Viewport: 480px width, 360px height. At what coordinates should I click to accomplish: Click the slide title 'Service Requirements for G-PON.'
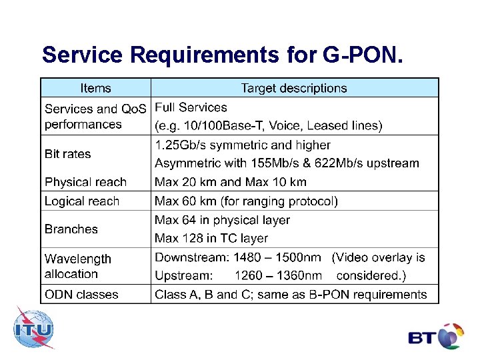(x=222, y=55)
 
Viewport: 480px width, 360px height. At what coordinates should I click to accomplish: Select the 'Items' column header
(x=95, y=88)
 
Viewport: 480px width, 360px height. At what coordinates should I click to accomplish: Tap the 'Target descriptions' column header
(x=294, y=88)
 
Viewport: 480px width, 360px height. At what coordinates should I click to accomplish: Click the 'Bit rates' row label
(x=68, y=154)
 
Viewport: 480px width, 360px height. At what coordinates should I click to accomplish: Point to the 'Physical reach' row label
(x=85, y=182)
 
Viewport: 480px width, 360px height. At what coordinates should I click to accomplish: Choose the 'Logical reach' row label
(x=82, y=201)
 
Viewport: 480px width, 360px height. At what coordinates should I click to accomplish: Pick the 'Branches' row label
(x=71, y=229)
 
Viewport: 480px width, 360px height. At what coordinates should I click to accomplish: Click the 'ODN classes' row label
(x=81, y=295)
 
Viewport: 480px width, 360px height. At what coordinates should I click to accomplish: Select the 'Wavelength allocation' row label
(x=77, y=266)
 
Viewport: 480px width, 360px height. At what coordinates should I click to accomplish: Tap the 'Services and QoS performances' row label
(x=94, y=116)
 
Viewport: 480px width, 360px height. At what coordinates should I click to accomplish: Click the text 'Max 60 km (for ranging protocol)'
(x=246, y=201)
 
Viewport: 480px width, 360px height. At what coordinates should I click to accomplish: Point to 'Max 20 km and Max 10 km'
(x=231, y=182)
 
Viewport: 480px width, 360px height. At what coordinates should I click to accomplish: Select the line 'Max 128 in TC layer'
(x=211, y=239)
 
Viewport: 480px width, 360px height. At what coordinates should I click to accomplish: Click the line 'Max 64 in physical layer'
(x=222, y=220)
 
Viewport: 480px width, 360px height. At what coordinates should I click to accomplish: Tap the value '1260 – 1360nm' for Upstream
(x=278, y=276)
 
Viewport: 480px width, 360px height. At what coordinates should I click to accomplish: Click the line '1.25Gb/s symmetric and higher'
(x=243, y=145)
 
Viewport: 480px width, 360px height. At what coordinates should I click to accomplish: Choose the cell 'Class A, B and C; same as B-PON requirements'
(x=291, y=295)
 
